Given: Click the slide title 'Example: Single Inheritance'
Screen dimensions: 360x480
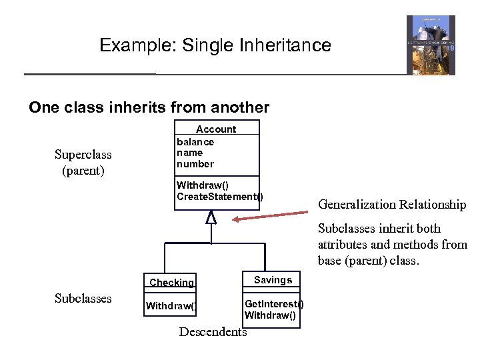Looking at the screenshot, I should [x=215, y=45].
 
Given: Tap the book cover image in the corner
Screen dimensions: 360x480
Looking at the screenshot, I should [x=431, y=45].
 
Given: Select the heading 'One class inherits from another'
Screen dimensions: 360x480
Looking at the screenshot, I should [x=149, y=107].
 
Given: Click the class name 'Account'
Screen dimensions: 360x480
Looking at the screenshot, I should [x=215, y=129].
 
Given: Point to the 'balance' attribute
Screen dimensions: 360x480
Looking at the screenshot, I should [x=195, y=141].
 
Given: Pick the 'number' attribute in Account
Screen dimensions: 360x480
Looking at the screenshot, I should [x=195, y=163].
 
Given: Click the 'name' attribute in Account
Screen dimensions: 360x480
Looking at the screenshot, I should [x=189, y=153].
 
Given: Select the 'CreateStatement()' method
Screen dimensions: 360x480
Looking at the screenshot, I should [x=219, y=196].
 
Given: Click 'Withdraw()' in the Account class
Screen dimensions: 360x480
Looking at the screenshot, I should [x=202, y=185].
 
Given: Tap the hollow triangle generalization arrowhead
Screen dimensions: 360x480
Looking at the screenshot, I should [x=211, y=217].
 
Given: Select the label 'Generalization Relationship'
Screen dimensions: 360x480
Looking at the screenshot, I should [x=392, y=205].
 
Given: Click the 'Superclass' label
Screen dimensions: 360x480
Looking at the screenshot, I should [x=83, y=155].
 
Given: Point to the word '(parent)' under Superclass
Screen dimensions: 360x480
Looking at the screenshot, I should [x=83, y=170].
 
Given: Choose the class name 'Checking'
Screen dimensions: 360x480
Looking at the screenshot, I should [x=171, y=283].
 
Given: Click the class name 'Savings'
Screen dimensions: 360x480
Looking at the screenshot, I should [x=273, y=280].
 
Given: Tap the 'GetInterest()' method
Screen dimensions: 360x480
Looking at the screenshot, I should [x=274, y=305].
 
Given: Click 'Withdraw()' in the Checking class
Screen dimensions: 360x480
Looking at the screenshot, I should [x=171, y=306].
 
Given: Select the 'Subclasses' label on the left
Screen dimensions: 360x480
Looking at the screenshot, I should [x=83, y=298].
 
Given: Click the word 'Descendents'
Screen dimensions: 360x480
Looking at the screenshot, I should [x=213, y=331].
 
